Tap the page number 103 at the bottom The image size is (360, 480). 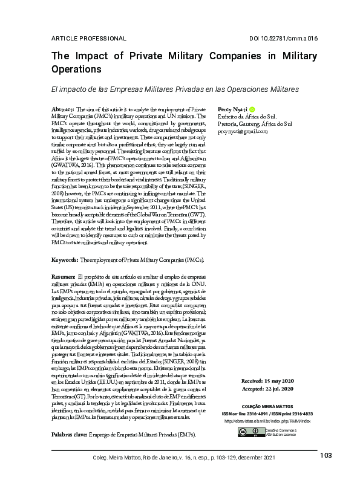pos(326,455)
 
